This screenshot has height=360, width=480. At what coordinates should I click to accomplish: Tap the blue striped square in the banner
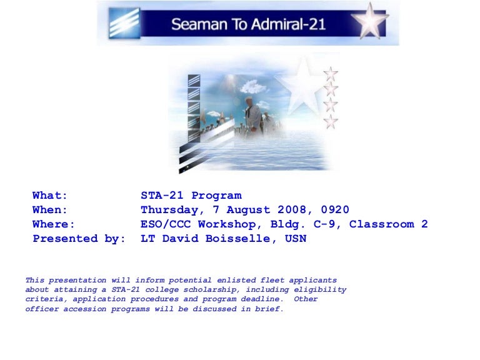pyautogui.click(x=124, y=23)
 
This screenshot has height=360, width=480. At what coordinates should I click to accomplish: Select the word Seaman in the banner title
pyautogui.click(x=199, y=24)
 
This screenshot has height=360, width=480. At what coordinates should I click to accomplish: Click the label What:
pyautogui.click(x=50, y=195)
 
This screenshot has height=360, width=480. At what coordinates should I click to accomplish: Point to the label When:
pyautogui.click(x=50, y=210)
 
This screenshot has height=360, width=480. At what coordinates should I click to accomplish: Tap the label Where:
pyautogui.click(x=54, y=224)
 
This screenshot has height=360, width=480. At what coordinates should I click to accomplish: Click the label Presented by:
pyautogui.click(x=79, y=239)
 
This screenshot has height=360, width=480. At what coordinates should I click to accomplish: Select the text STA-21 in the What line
pyautogui.click(x=162, y=195)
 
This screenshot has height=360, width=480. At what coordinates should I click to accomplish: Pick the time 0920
pyautogui.click(x=335, y=210)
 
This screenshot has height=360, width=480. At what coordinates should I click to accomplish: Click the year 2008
pyautogui.click(x=292, y=210)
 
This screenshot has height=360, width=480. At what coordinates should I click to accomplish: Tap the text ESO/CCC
pyautogui.click(x=166, y=224)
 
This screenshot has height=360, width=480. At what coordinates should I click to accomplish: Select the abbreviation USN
pyautogui.click(x=296, y=239)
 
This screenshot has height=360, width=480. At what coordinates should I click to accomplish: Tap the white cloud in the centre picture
pyautogui.click(x=253, y=87)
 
